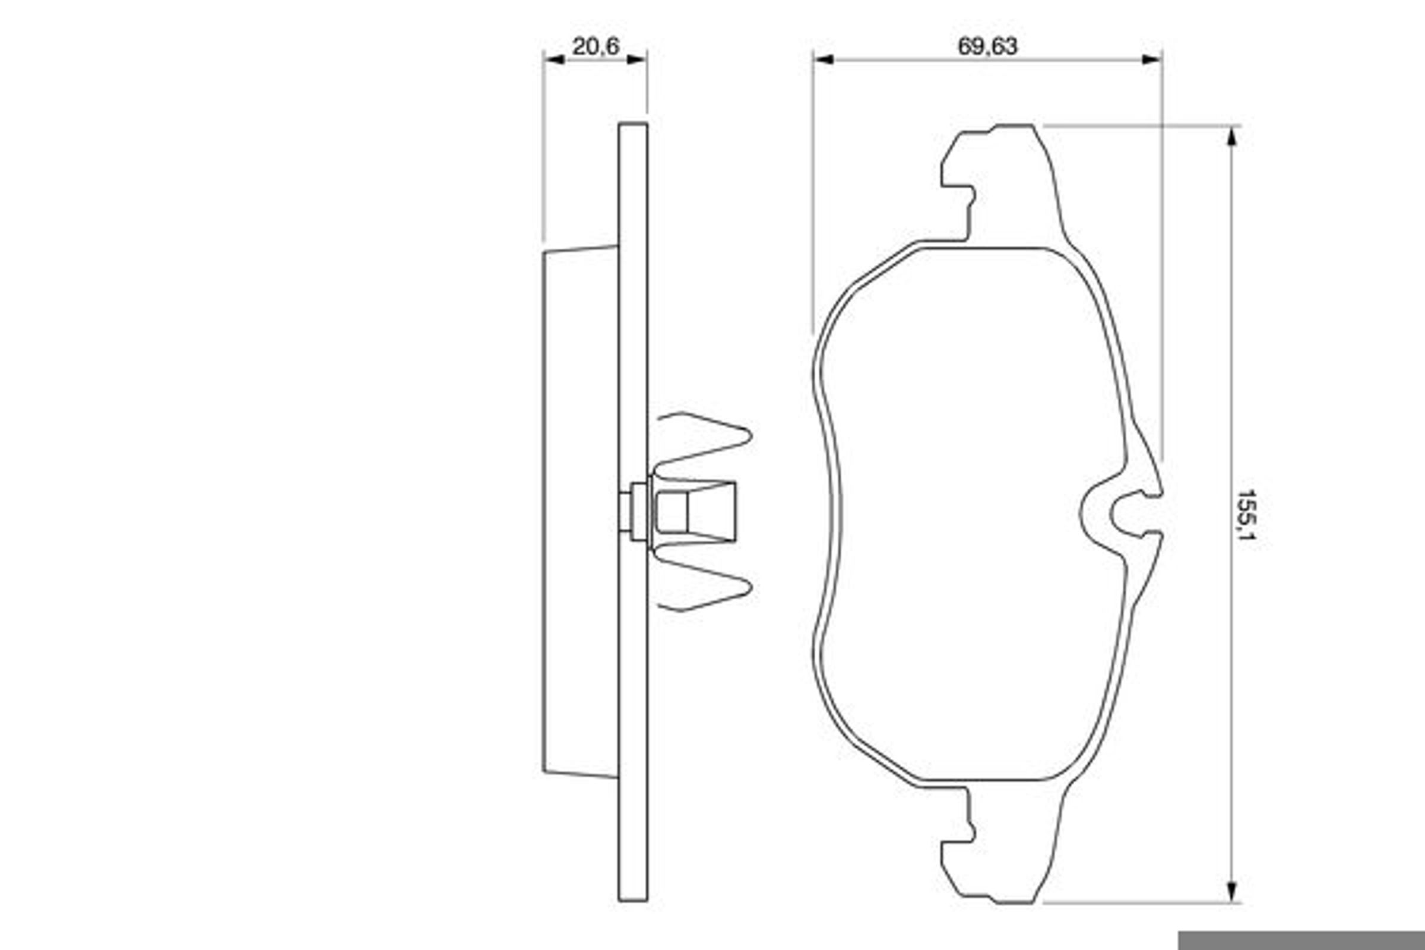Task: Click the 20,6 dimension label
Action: [596, 47]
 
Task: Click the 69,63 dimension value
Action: [987, 47]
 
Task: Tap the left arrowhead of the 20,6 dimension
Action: [555, 59]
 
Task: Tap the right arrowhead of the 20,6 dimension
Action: [636, 59]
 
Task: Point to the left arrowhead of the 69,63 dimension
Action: [824, 59]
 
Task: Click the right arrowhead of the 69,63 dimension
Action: [1152, 59]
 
